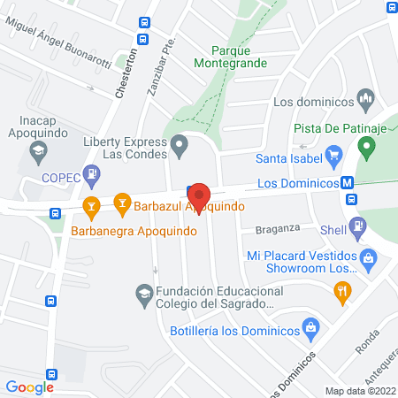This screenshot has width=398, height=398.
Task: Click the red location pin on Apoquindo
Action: [197, 196]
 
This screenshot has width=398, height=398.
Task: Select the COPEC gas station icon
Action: [90, 173]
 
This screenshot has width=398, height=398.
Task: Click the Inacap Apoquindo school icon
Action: [37, 152]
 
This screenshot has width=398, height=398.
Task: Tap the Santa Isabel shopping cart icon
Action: [334, 159]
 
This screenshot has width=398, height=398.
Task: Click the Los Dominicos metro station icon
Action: [348, 184]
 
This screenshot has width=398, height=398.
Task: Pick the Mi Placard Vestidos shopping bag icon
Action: [371, 258]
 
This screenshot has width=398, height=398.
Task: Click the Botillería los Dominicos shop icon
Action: [310, 331]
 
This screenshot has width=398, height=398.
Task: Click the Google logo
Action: [30, 387]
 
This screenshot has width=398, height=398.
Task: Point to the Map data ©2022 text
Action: [359, 391]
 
